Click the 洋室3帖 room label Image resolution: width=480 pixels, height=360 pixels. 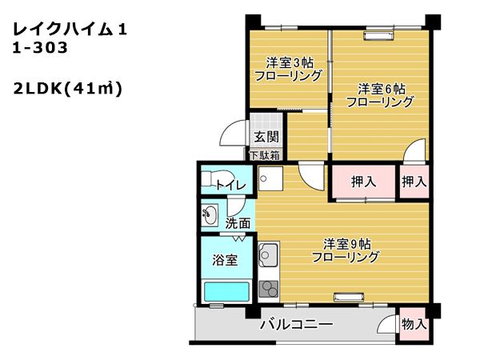click(288, 70)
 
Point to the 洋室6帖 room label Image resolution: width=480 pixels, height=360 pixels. click(380, 94)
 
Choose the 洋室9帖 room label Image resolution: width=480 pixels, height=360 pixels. click(345, 250)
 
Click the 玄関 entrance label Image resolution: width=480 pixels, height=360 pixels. click(266, 137)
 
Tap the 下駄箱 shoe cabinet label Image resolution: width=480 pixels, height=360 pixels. click(265, 155)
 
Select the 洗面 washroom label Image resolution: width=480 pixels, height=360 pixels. click(238, 223)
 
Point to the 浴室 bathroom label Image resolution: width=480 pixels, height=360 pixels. click(225, 260)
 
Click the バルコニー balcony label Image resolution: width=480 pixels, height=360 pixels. click(295, 325)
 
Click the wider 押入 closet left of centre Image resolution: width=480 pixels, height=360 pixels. click(363, 182)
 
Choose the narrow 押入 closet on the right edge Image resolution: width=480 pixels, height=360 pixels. click(414, 182)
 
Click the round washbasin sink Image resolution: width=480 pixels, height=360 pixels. click(210, 214)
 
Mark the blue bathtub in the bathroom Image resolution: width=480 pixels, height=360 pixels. click(225, 292)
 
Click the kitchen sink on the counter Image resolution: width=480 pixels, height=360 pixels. click(268, 255)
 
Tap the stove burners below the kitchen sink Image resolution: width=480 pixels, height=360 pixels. click(268, 286)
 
